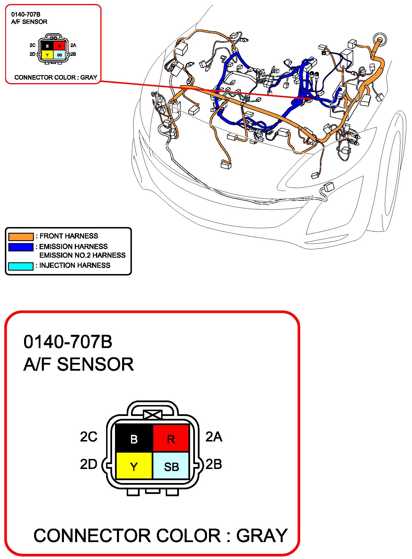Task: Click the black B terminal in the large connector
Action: tap(134, 438)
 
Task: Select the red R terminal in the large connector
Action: tap(171, 438)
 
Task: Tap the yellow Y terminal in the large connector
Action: tap(134, 466)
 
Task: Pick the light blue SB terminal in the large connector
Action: tap(171, 466)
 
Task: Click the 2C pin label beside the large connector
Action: tap(89, 437)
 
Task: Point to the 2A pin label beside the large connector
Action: tap(214, 437)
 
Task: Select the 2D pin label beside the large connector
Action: tap(89, 464)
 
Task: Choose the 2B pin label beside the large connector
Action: tap(214, 464)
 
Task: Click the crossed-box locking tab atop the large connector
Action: tap(153, 415)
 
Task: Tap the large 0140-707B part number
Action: tap(68, 342)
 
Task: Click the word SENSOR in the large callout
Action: tap(95, 364)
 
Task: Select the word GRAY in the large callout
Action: tap(262, 535)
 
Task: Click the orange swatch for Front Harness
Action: tap(21, 236)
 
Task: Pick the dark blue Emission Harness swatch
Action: tap(21, 247)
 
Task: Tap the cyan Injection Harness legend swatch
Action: tap(21, 266)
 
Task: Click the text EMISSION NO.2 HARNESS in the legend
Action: tap(82, 255)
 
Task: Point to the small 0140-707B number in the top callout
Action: tap(26, 14)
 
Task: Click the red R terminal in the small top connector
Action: tap(59, 46)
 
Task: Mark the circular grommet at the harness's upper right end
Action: tap(380, 40)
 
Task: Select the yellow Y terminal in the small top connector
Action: tap(47, 55)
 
